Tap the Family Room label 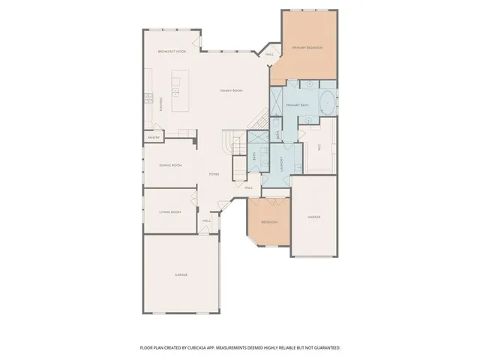tap(231, 91)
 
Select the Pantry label tap(154, 137)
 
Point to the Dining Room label tap(170, 165)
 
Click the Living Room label tap(170, 212)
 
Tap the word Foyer tap(214, 172)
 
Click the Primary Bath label tap(298, 106)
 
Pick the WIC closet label tap(320, 148)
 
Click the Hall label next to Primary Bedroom tap(269, 54)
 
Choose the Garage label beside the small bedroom tap(313, 217)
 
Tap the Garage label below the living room tap(181, 275)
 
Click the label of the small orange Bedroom tap(269, 222)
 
